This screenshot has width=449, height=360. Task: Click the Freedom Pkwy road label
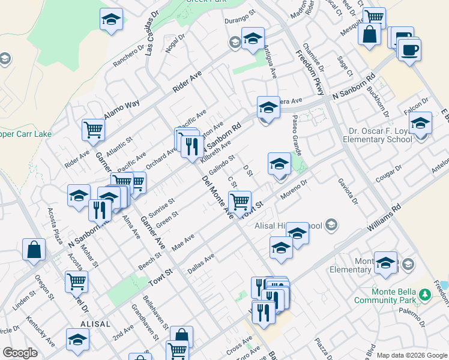click(x=310, y=73)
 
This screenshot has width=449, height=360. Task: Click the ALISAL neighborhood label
click(x=94, y=323)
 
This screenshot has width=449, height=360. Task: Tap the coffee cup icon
click(x=409, y=50)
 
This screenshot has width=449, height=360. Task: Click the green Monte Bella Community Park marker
click(x=426, y=294)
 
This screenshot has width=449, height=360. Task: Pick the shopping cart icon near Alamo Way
click(x=93, y=129)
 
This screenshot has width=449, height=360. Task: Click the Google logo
click(x=20, y=353)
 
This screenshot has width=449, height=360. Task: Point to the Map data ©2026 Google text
click(x=412, y=355)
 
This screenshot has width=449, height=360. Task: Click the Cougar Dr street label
click(x=387, y=174)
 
